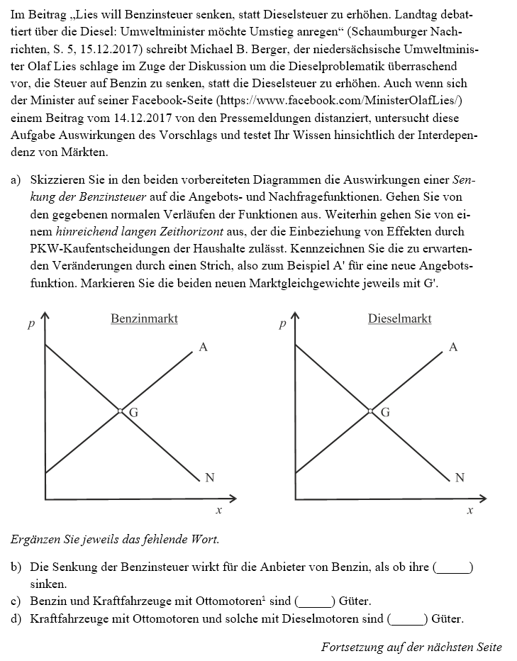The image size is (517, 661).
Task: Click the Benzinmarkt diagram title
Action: pyautogui.click(x=144, y=319)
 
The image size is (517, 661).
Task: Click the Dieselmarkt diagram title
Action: pyautogui.click(x=399, y=319)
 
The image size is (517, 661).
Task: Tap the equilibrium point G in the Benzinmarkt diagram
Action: pyautogui.click(x=121, y=411)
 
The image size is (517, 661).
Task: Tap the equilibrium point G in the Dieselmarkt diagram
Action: pyautogui.click(x=370, y=411)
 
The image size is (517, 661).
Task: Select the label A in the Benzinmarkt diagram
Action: pyautogui.click(x=203, y=348)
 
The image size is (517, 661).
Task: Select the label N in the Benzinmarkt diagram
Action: pyautogui.click(x=210, y=478)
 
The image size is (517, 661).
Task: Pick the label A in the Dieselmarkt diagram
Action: pyautogui.click(x=454, y=348)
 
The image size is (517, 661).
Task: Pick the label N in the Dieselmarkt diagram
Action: pyautogui.click(x=460, y=478)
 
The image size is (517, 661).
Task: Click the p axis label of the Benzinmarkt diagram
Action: pyautogui.click(x=30, y=325)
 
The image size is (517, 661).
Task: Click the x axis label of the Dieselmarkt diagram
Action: pyautogui.click(x=469, y=511)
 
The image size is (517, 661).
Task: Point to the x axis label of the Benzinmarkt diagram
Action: pyautogui.click(x=218, y=511)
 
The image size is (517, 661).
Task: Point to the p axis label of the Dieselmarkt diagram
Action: pyautogui.click(x=282, y=325)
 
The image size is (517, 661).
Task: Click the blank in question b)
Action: pyautogui.click(x=454, y=568)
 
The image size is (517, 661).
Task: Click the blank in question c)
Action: pyautogui.click(x=315, y=601)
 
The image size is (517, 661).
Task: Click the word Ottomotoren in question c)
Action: pyautogui.click(x=232, y=601)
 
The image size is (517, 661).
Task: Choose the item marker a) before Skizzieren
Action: pyautogui.click(x=16, y=181)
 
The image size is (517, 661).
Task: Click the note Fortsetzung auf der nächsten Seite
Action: pyautogui.click(x=411, y=647)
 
